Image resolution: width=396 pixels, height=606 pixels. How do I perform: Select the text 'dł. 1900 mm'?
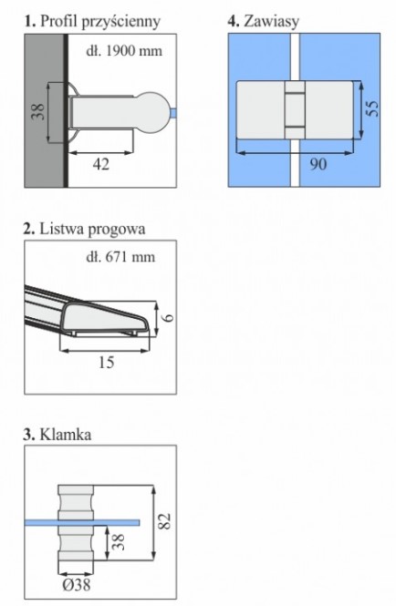coord(124,51)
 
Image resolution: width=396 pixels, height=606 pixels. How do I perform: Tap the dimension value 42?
coord(101,164)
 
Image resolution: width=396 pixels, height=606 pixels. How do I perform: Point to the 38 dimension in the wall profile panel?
coord(38,112)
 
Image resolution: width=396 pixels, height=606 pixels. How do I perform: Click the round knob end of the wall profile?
coord(153,112)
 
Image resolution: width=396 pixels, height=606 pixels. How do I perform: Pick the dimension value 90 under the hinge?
coord(318,164)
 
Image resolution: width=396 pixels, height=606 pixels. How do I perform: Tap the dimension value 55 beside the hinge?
coord(373,108)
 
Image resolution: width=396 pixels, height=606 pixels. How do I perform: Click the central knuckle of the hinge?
coord(295,110)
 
